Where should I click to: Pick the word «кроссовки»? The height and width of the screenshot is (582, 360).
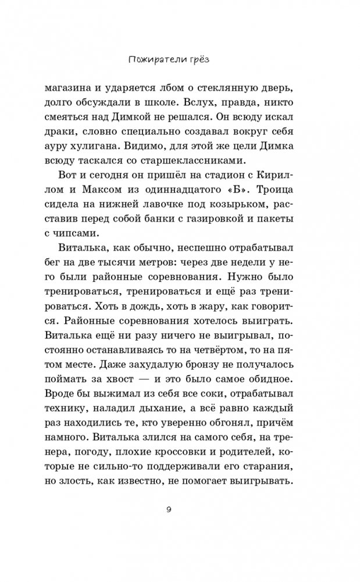232,452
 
